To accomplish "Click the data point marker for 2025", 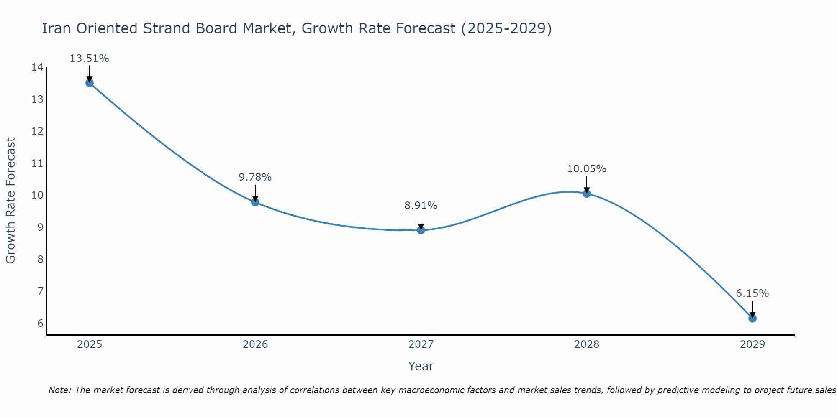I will coord(90,83).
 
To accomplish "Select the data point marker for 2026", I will coord(255,202).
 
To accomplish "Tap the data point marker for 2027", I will coord(421,230).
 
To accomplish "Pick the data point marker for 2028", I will coord(587,194).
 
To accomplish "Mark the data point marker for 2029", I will coord(752,319).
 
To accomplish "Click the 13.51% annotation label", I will coord(89,59).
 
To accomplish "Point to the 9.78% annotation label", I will coord(255,177).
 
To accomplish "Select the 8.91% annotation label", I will coord(421,206).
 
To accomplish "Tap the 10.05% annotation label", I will coord(586,169).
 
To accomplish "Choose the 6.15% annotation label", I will coord(752,293).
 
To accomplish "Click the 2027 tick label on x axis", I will coord(421,344).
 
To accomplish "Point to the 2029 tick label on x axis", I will coord(752,344).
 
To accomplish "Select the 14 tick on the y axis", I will coord(37,67).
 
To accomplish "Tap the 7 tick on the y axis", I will coord(40,291).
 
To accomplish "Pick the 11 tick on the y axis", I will coord(37,163).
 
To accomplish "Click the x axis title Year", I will coord(421,366).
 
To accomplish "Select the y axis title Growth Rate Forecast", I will coord(10,201).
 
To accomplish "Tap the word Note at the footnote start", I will coord(59,390).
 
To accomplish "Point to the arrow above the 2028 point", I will coord(587,184).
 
